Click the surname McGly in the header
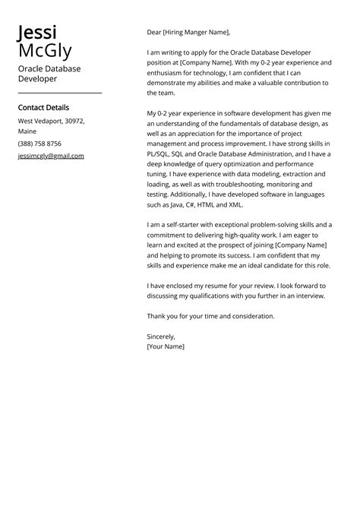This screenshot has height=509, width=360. [x=45, y=52]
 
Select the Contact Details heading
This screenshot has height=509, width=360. [x=43, y=108]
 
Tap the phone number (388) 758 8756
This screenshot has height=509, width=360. [x=39, y=144]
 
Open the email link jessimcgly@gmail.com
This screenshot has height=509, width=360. [x=51, y=156]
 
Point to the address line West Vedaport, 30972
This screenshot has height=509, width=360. [x=52, y=121]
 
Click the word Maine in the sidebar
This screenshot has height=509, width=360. [x=27, y=131]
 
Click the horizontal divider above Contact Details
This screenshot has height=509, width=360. [x=59, y=93]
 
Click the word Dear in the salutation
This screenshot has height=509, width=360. [x=154, y=33]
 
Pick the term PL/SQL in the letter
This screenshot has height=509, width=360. [x=161, y=153]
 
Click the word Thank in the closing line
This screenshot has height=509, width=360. [x=156, y=316]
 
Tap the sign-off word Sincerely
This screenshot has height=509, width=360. [x=161, y=337]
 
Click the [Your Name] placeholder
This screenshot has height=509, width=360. [x=166, y=346]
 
